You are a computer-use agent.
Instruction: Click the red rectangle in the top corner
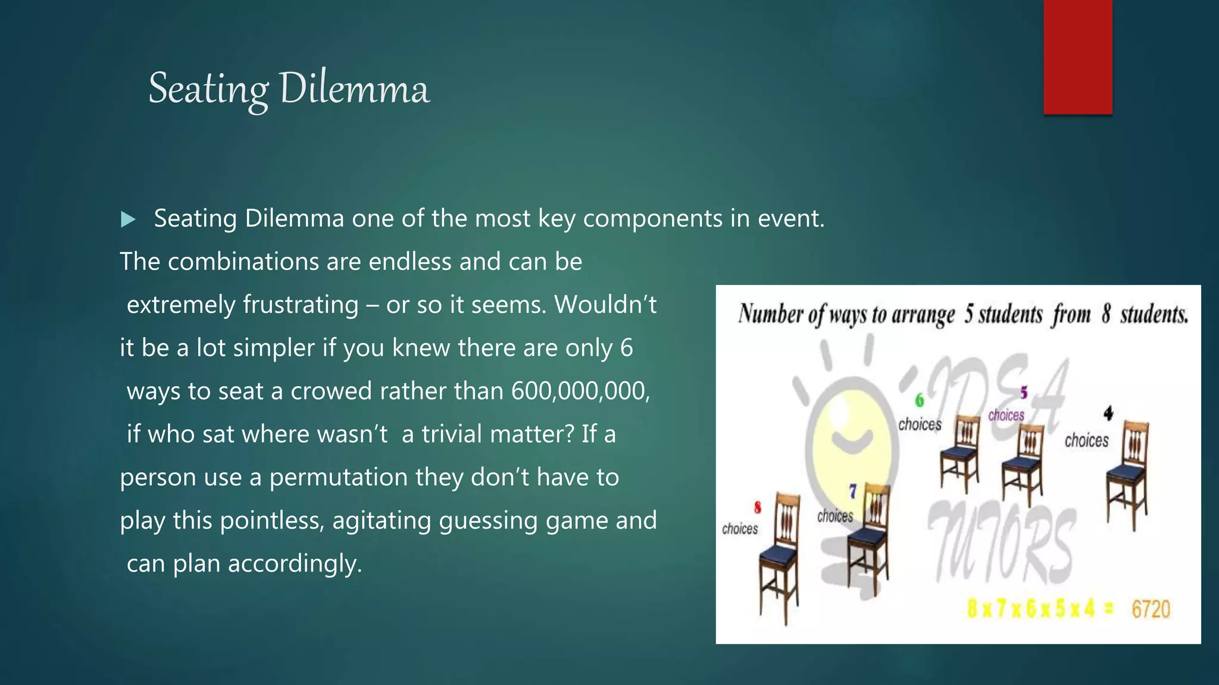1077,57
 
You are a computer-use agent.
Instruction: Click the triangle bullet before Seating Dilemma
128,219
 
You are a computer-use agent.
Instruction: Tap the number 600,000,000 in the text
580,391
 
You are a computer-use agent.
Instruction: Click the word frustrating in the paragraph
301,304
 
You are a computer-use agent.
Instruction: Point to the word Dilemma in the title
354,89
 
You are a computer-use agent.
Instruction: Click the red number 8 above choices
757,508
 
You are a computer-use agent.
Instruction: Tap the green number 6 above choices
919,400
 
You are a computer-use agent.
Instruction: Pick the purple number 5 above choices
1024,392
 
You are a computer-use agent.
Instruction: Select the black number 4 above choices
1108,413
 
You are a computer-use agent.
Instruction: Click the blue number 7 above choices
852,491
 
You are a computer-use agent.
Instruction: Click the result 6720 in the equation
1151,609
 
